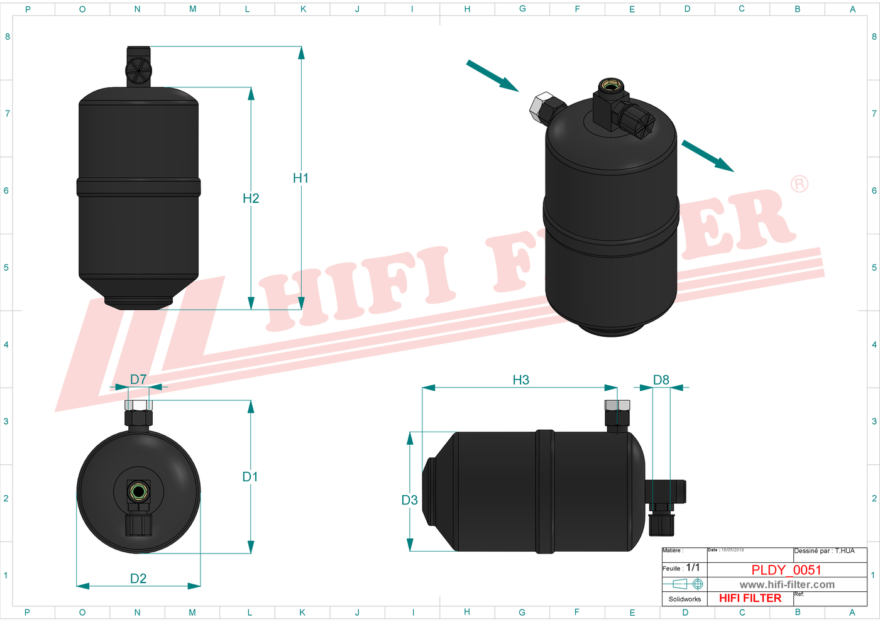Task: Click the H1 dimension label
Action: pyautogui.click(x=300, y=178)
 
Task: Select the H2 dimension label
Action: pyautogui.click(x=251, y=199)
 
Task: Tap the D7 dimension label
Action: pyautogui.click(x=138, y=379)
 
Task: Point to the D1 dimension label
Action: pyautogui.click(x=250, y=477)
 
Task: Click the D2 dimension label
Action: pyautogui.click(x=138, y=579)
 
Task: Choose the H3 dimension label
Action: pyautogui.click(x=520, y=380)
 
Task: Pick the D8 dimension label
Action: pyautogui.click(x=661, y=380)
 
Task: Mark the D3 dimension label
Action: pyautogui.click(x=409, y=500)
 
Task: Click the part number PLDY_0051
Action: pyautogui.click(x=786, y=570)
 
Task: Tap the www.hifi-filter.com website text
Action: pyautogui.click(x=787, y=584)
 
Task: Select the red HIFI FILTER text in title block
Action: pyautogui.click(x=750, y=598)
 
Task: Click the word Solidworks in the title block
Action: pyautogui.click(x=685, y=599)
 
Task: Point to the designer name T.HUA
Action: pyautogui.click(x=845, y=551)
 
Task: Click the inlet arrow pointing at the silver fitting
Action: pyautogui.click(x=492, y=75)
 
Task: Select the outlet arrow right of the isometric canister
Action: pyautogui.click(x=707, y=156)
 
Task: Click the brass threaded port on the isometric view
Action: pyautogui.click(x=608, y=85)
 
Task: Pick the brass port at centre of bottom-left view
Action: pyautogui.click(x=138, y=491)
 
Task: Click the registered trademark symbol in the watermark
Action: pyautogui.click(x=799, y=184)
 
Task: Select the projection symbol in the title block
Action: pyautogui.click(x=685, y=584)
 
